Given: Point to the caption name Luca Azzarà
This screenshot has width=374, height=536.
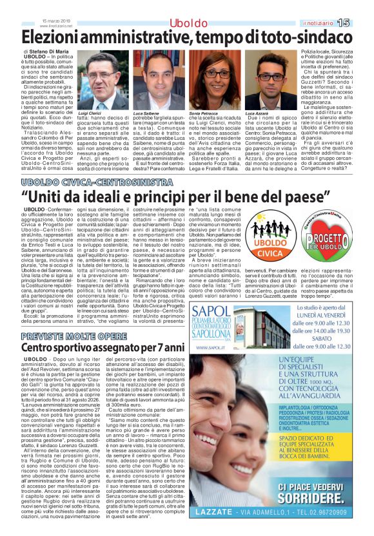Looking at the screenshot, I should [257, 113].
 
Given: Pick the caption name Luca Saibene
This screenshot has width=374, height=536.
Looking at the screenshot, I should [146, 113].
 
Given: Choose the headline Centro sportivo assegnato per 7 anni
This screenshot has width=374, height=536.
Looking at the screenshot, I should [103, 348].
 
